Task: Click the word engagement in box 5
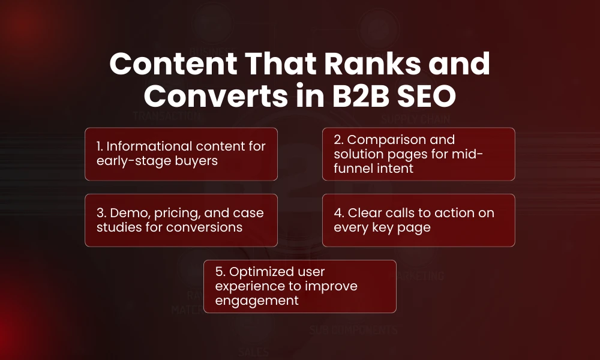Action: [257, 301]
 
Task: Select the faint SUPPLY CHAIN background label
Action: [415, 119]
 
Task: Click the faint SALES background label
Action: [253, 351]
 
